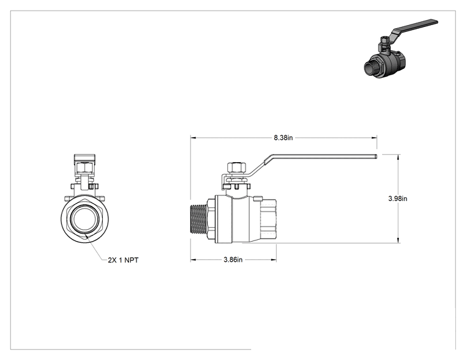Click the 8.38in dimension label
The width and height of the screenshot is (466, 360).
[x=283, y=138]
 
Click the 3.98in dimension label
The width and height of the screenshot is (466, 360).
[x=398, y=198]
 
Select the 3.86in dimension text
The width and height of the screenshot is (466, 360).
[x=233, y=260]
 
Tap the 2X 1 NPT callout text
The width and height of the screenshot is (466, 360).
[x=123, y=260]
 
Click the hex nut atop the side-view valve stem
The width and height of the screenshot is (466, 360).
[x=237, y=167]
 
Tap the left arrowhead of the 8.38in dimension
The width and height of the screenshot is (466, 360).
[x=193, y=138]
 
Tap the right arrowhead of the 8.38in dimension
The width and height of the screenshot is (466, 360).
[x=375, y=138]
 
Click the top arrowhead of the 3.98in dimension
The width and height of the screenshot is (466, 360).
[x=398, y=157]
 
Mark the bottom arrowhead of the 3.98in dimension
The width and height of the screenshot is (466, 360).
[x=398, y=240]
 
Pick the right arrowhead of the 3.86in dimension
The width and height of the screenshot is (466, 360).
[x=274, y=260]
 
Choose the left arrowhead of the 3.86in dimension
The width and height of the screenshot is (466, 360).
[x=193, y=260]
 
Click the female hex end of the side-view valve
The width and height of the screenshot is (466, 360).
[x=268, y=219]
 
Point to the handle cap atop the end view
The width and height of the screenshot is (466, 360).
[x=85, y=158]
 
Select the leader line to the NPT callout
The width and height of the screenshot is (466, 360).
[x=96, y=247]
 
